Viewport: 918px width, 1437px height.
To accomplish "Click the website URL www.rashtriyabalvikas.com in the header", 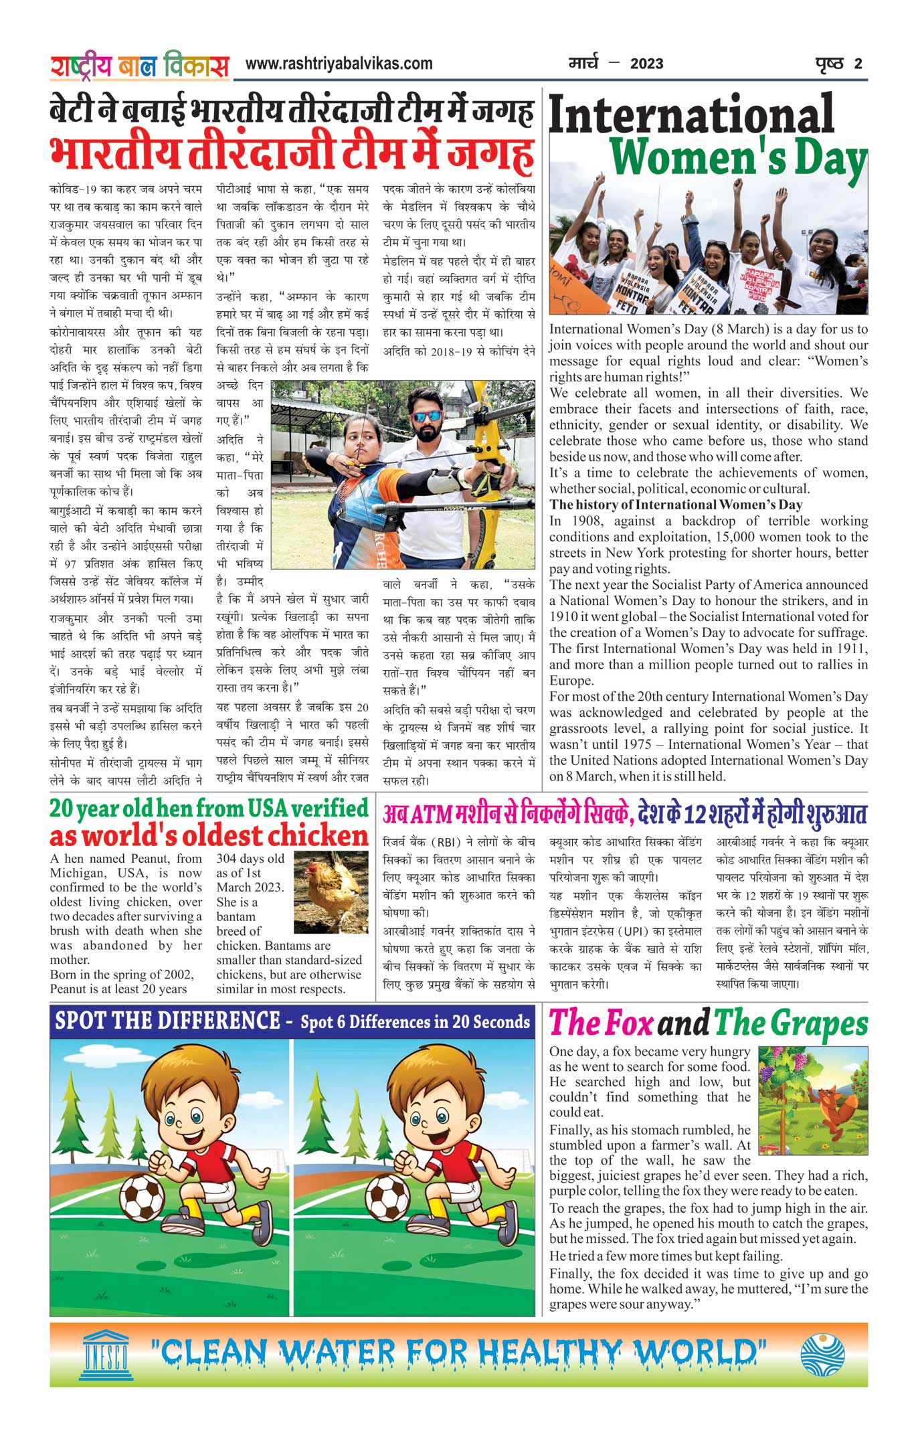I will pos(339,64).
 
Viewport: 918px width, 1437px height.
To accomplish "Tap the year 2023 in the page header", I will pos(646,64).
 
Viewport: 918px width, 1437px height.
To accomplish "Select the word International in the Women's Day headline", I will pos(691,114).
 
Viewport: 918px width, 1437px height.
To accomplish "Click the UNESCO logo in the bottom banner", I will pos(106,1355).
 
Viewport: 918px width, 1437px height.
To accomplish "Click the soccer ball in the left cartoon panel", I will pos(142,1198).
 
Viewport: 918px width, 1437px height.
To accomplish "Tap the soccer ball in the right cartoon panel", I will pos(387,1198).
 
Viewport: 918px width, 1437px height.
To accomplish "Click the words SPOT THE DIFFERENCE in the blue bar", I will pos(167,1022).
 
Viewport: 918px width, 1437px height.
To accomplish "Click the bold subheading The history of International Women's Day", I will pos(676,505).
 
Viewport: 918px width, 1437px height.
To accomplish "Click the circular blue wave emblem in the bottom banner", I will pos(822,1355).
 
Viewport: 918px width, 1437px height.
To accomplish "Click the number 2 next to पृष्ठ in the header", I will pos(858,64).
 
